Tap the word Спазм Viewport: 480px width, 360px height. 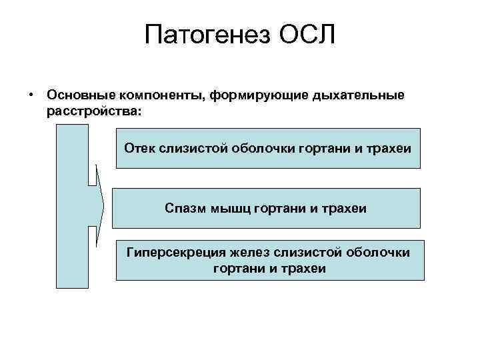click(x=183, y=208)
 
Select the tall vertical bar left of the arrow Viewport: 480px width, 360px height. click(x=72, y=207)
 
